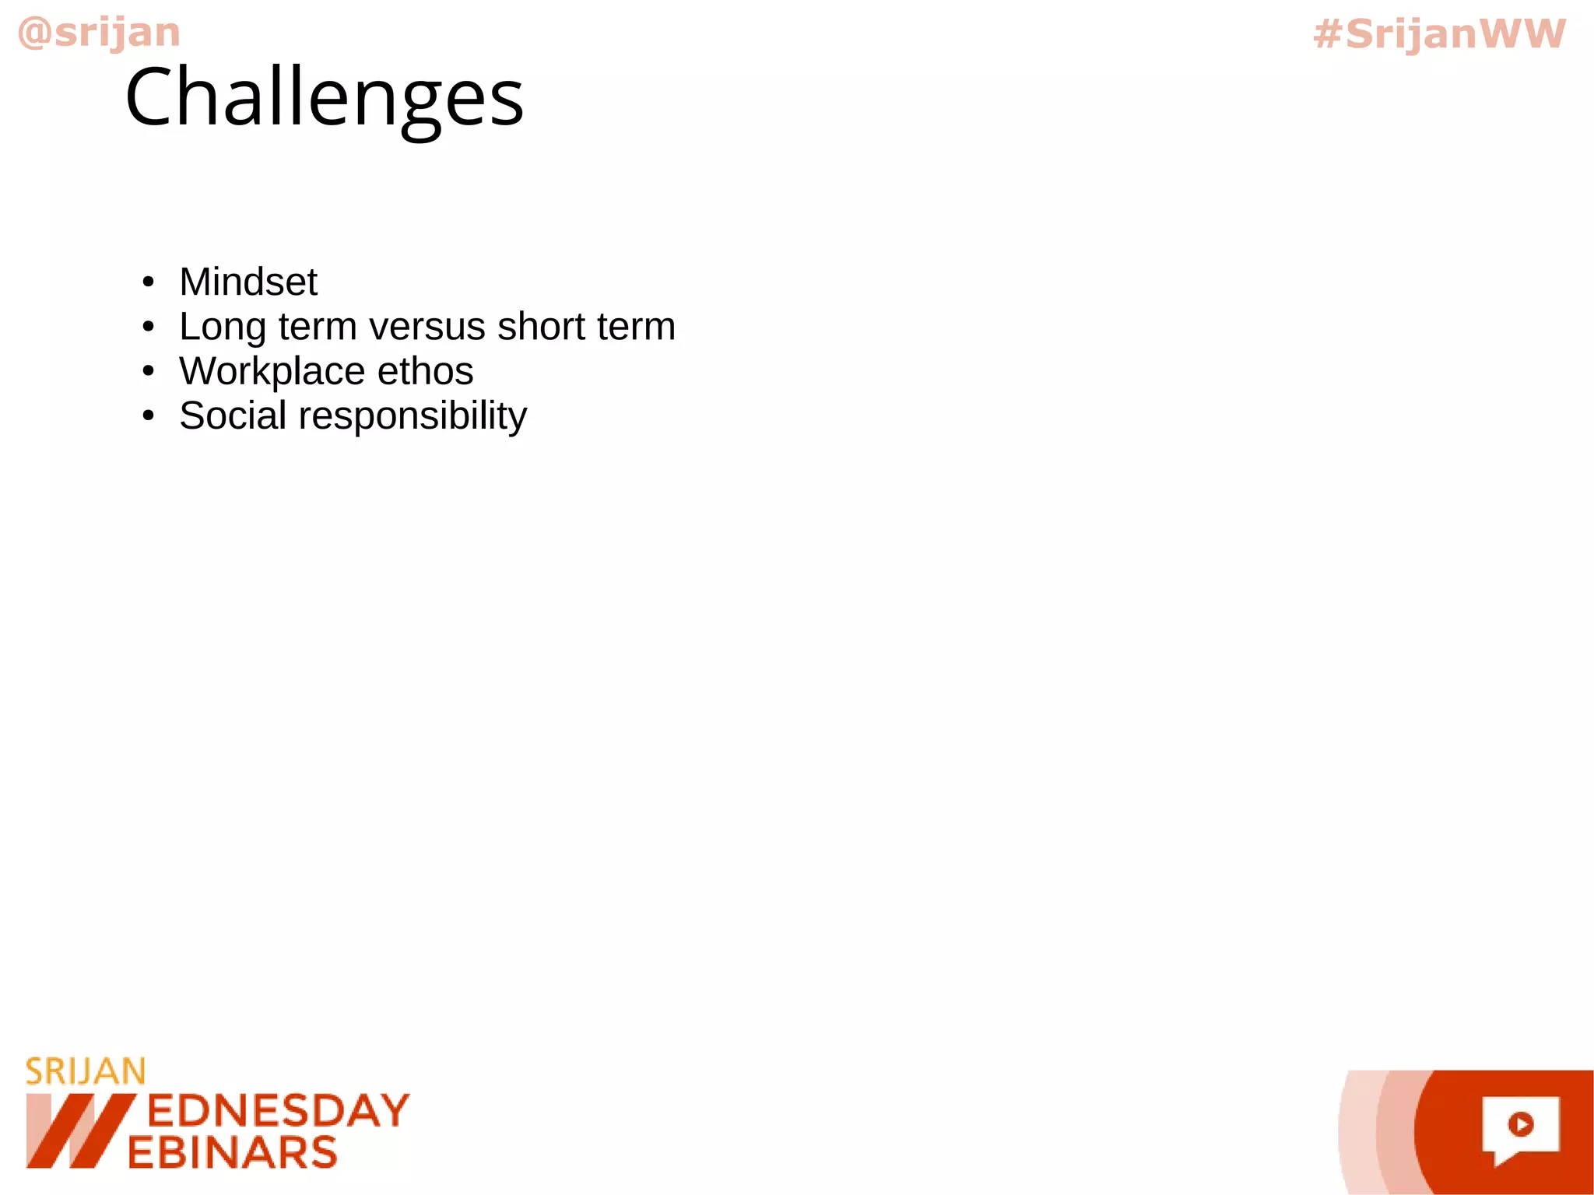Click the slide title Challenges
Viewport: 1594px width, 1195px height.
tap(324, 98)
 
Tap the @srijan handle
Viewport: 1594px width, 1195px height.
tap(99, 33)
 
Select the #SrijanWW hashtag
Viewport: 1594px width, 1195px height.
tap(1439, 34)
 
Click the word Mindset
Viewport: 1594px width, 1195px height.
tap(248, 282)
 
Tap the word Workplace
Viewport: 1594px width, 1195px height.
tap(272, 372)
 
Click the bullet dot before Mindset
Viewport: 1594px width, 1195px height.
tap(149, 282)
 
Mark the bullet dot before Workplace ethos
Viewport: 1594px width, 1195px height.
tap(149, 372)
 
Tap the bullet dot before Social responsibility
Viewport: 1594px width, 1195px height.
tap(149, 416)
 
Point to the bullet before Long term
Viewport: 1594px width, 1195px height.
tap(149, 328)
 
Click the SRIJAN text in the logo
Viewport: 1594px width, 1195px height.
tap(86, 1072)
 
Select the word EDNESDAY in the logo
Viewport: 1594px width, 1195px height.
tap(278, 1111)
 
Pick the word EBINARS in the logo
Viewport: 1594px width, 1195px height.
tap(233, 1152)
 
